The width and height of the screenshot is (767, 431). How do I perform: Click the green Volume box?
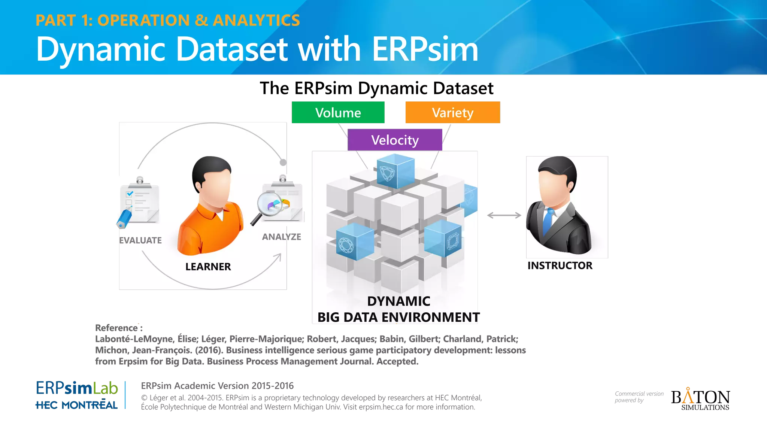[338, 112]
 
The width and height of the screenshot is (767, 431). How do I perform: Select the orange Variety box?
[452, 112]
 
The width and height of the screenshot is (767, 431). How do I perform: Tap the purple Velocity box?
[395, 140]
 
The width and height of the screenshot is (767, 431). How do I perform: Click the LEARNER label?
[208, 267]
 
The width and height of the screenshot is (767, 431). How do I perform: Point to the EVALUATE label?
[140, 240]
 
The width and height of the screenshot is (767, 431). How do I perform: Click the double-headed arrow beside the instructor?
[503, 215]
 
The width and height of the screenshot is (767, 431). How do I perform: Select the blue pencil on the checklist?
[123, 219]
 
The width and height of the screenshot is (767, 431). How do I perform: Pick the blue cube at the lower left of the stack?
[355, 242]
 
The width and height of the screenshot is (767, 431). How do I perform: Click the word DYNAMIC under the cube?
[398, 301]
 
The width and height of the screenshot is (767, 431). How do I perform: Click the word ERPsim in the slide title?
[425, 49]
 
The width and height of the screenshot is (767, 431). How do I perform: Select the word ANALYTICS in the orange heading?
[256, 20]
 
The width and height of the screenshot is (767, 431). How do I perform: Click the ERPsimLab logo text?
[77, 388]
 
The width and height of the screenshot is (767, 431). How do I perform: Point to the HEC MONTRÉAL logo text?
[76, 405]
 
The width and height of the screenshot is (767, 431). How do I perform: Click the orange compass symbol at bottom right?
[688, 396]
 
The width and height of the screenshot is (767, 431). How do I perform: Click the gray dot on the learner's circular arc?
[283, 162]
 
